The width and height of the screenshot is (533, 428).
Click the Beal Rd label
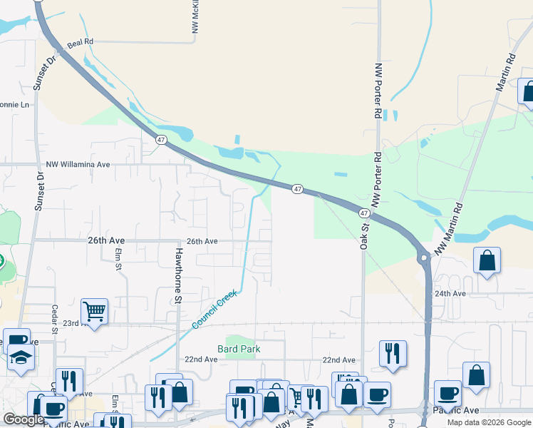(x=81, y=43)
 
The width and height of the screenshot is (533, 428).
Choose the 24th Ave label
(x=450, y=293)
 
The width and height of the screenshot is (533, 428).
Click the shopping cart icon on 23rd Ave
(x=94, y=311)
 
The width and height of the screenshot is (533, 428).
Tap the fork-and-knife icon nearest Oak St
(x=393, y=353)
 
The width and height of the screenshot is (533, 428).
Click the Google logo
(x=24, y=420)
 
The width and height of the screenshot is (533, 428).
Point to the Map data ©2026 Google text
(x=489, y=422)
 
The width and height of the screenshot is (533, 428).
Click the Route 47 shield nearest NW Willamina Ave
(x=162, y=141)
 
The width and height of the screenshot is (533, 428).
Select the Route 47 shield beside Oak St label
(x=364, y=213)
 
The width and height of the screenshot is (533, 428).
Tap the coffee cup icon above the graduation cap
(x=16, y=341)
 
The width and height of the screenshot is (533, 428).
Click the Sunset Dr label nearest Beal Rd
(x=39, y=73)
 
